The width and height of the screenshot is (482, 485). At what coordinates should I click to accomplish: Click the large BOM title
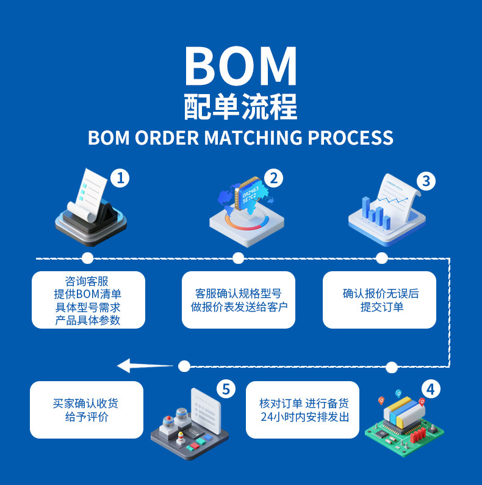point(240,65)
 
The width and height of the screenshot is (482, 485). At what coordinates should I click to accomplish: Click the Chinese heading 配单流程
point(240,106)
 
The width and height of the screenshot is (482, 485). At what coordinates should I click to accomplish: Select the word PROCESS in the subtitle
point(350,137)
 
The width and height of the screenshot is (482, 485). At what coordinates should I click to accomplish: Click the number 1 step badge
point(120,178)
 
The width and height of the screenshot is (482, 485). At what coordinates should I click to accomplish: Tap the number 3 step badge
point(426,181)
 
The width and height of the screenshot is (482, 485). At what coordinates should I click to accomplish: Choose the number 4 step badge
point(431,389)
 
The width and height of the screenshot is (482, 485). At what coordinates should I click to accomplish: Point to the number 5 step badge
point(226,389)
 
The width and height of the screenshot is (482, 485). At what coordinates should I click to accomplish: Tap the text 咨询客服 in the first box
point(87,281)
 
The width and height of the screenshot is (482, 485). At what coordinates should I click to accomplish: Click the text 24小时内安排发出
point(304,418)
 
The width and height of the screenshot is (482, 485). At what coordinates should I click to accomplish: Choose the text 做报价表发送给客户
point(239,307)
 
